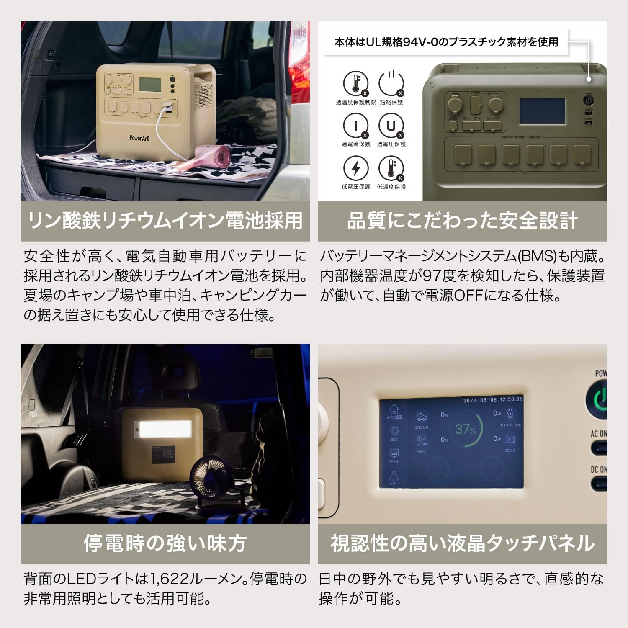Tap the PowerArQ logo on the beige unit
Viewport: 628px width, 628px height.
point(139,138)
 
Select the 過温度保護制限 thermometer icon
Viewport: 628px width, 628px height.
point(355,84)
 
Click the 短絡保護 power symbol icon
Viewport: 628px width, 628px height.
point(391,84)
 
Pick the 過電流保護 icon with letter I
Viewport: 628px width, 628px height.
point(355,126)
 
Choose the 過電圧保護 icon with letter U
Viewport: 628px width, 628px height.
point(391,126)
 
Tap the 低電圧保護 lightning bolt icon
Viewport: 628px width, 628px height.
point(355,168)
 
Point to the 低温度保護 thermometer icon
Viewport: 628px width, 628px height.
point(391,168)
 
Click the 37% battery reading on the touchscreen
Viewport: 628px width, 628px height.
point(466,429)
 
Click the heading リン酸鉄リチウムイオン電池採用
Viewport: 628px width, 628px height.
point(165,221)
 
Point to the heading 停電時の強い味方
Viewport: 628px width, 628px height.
point(165,543)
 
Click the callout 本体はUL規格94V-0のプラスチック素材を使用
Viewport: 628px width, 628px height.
point(446,42)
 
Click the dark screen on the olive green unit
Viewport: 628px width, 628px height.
point(542,111)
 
